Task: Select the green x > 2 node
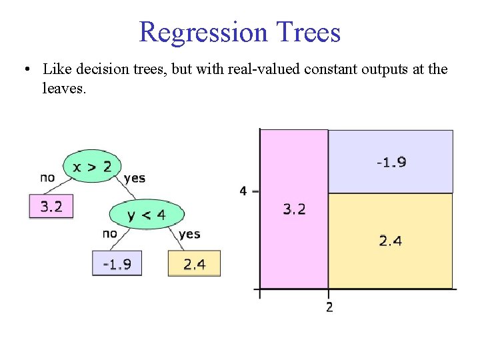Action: click(x=91, y=167)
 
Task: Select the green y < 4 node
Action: click(x=146, y=215)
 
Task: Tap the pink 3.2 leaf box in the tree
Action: click(x=51, y=207)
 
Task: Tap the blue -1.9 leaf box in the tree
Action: click(x=117, y=264)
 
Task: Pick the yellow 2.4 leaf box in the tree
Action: click(x=194, y=264)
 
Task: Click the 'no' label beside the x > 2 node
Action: click(x=47, y=177)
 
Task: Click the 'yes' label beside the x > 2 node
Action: click(x=135, y=178)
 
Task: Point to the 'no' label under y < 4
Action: click(x=110, y=233)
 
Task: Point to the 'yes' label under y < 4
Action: click(x=190, y=234)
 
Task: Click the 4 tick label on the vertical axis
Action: click(x=243, y=191)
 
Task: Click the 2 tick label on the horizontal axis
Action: click(x=329, y=307)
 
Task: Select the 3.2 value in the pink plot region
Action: click(x=294, y=209)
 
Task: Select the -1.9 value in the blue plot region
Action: click(x=391, y=162)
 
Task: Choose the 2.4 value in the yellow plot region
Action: click(x=391, y=241)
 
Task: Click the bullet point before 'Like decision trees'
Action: click(x=25, y=69)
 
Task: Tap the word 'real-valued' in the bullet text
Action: click(x=266, y=69)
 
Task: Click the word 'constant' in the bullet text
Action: click(x=331, y=69)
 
